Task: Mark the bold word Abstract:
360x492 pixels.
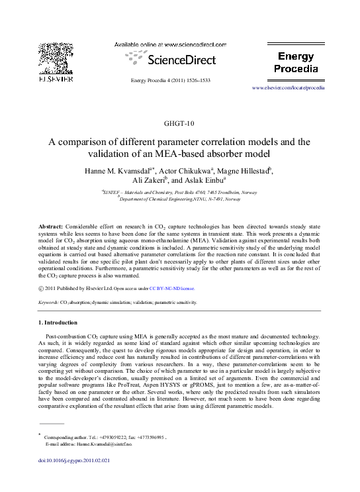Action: [x=53, y=226]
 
